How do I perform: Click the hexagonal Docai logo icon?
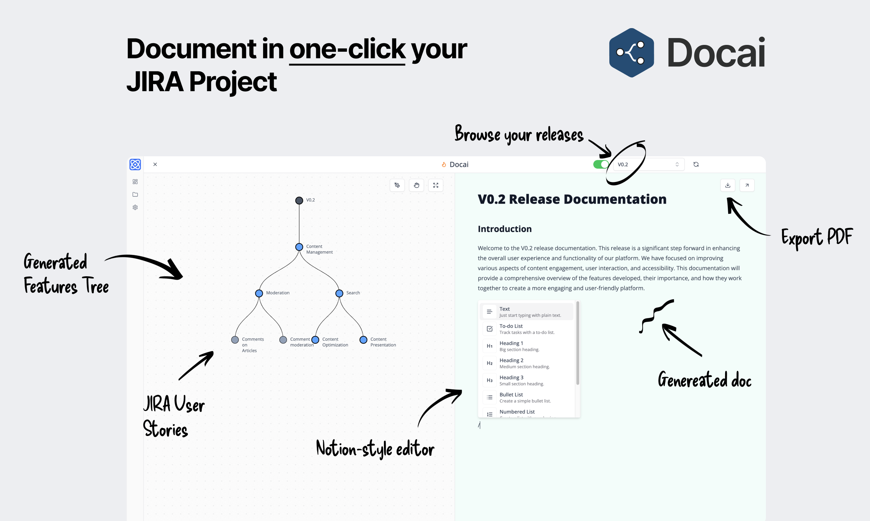click(632, 53)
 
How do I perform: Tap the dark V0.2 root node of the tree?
click(299, 201)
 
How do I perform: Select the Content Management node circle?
click(299, 247)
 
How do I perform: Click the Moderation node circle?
click(259, 293)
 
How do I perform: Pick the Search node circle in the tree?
click(339, 293)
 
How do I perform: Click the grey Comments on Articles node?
click(235, 339)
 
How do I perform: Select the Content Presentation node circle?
click(363, 339)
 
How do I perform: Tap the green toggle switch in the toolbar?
click(600, 164)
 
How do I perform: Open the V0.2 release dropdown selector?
click(648, 164)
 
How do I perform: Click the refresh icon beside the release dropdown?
click(696, 164)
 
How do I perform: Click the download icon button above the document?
click(728, 185)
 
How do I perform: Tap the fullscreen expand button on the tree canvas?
click(436, 185)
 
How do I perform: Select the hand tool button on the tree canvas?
click(417, 185)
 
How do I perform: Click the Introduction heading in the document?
click(505, 229)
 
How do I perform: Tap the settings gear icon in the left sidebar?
click(135, 207)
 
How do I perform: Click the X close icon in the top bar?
click(155, 164)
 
